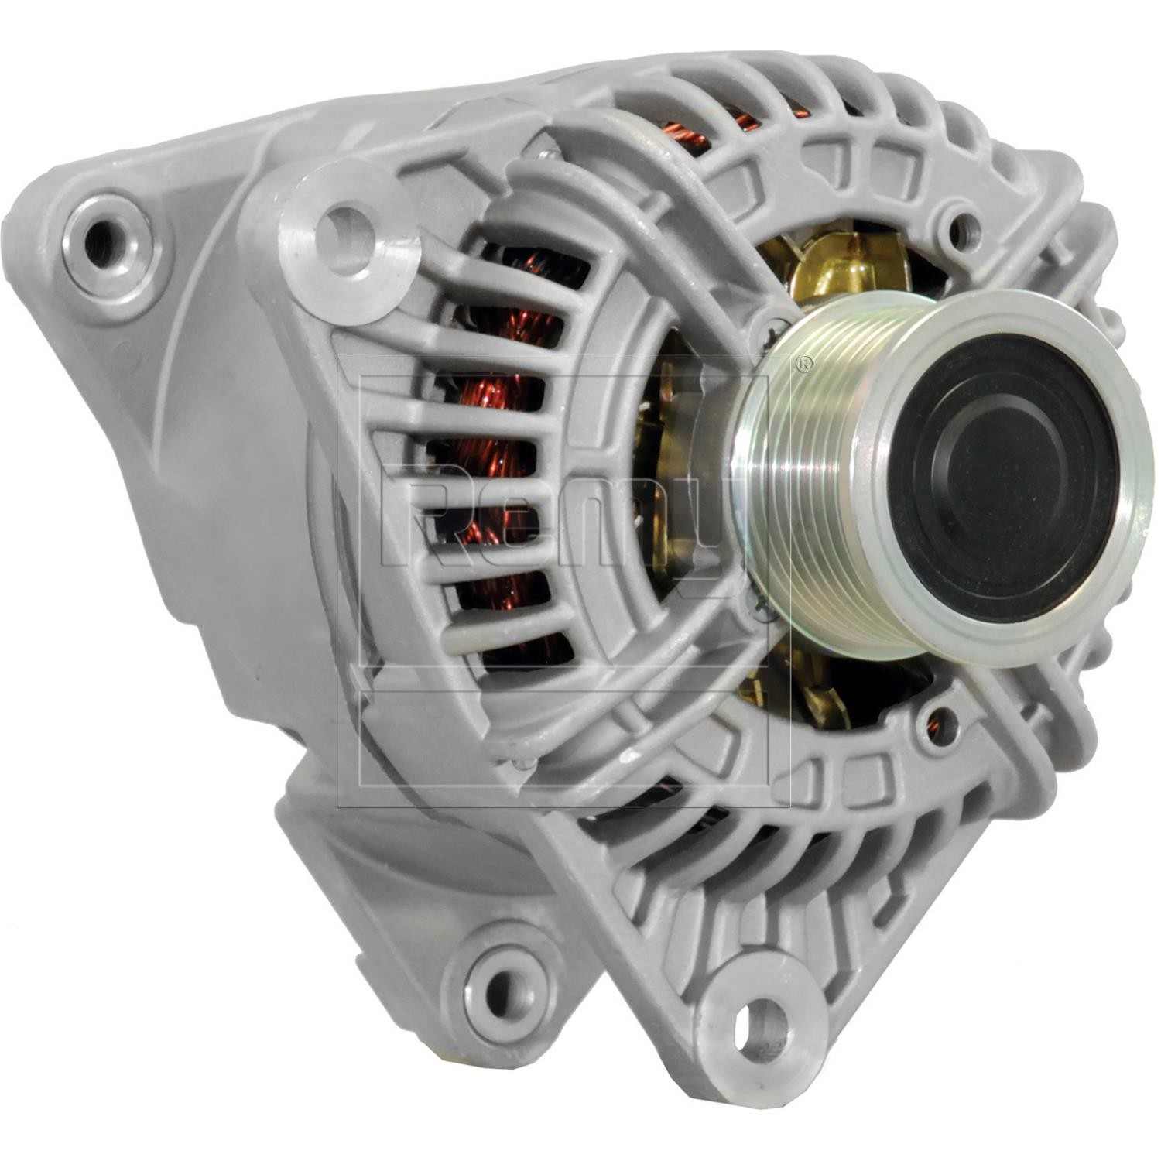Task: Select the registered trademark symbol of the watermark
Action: click(805, 362)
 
